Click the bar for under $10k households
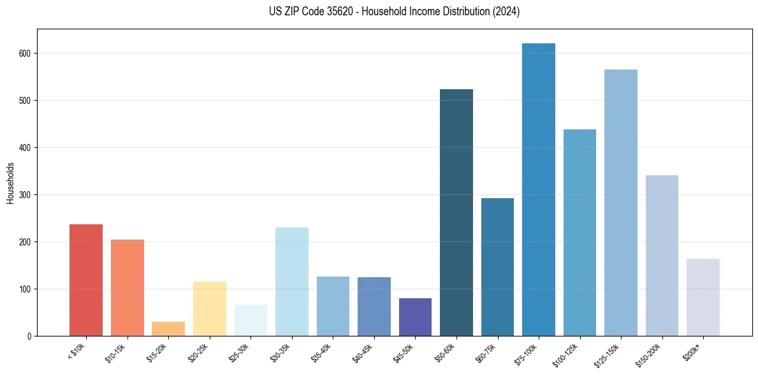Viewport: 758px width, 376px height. click(x=86, y=280)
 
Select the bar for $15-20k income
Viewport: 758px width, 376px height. click(x=168, y=329)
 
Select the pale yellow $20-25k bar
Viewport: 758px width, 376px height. click(x=210, y=309)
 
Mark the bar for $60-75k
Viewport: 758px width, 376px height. click(x=497, y=267)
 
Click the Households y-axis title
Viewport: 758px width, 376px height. click(x=10, y=182)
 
